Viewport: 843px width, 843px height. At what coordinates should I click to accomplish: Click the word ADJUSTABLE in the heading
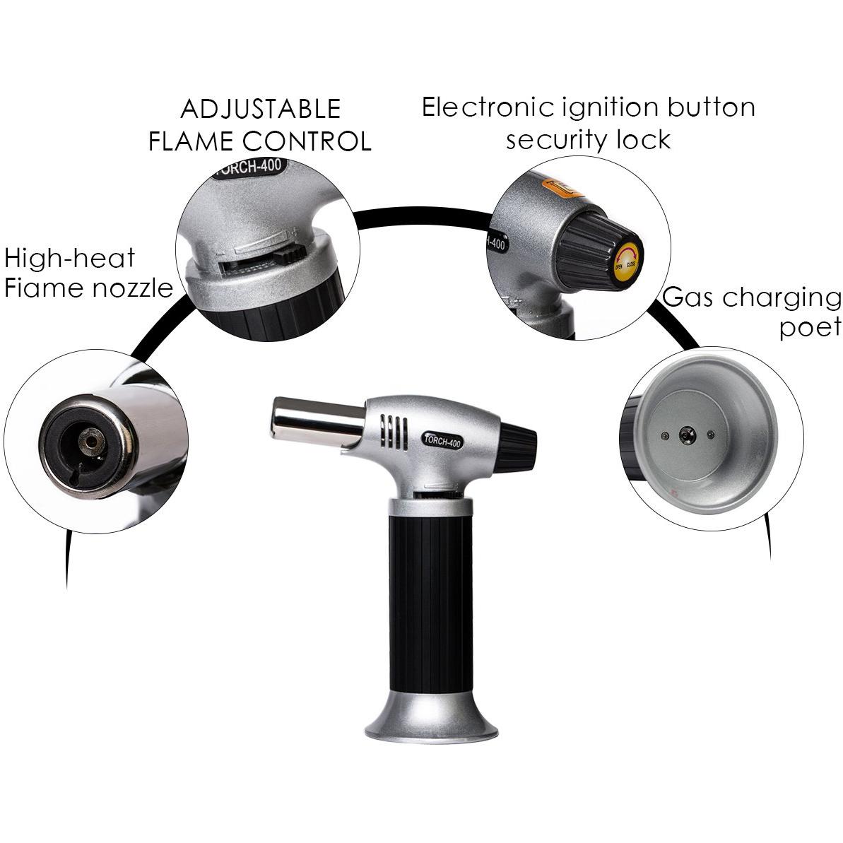click(x=261, y=109)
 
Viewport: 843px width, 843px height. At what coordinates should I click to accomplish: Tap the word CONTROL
click(x=307, y=141)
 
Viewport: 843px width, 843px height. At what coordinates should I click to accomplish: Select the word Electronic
click(x=488, y=107)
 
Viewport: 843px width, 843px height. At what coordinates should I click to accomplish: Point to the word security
click(x=557, y=141)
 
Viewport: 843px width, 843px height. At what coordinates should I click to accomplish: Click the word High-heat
click(x=69, y=258)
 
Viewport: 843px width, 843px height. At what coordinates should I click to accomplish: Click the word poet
click(x=810, y=328)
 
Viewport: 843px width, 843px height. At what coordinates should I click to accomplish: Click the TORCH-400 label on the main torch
click(x=442, y=441)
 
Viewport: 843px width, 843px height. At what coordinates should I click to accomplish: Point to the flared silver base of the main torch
click(x=432, y=716)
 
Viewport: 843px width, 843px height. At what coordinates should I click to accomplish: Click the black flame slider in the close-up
click(x=288, y=254)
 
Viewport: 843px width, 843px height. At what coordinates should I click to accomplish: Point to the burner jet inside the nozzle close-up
click(x=90, y=442)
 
